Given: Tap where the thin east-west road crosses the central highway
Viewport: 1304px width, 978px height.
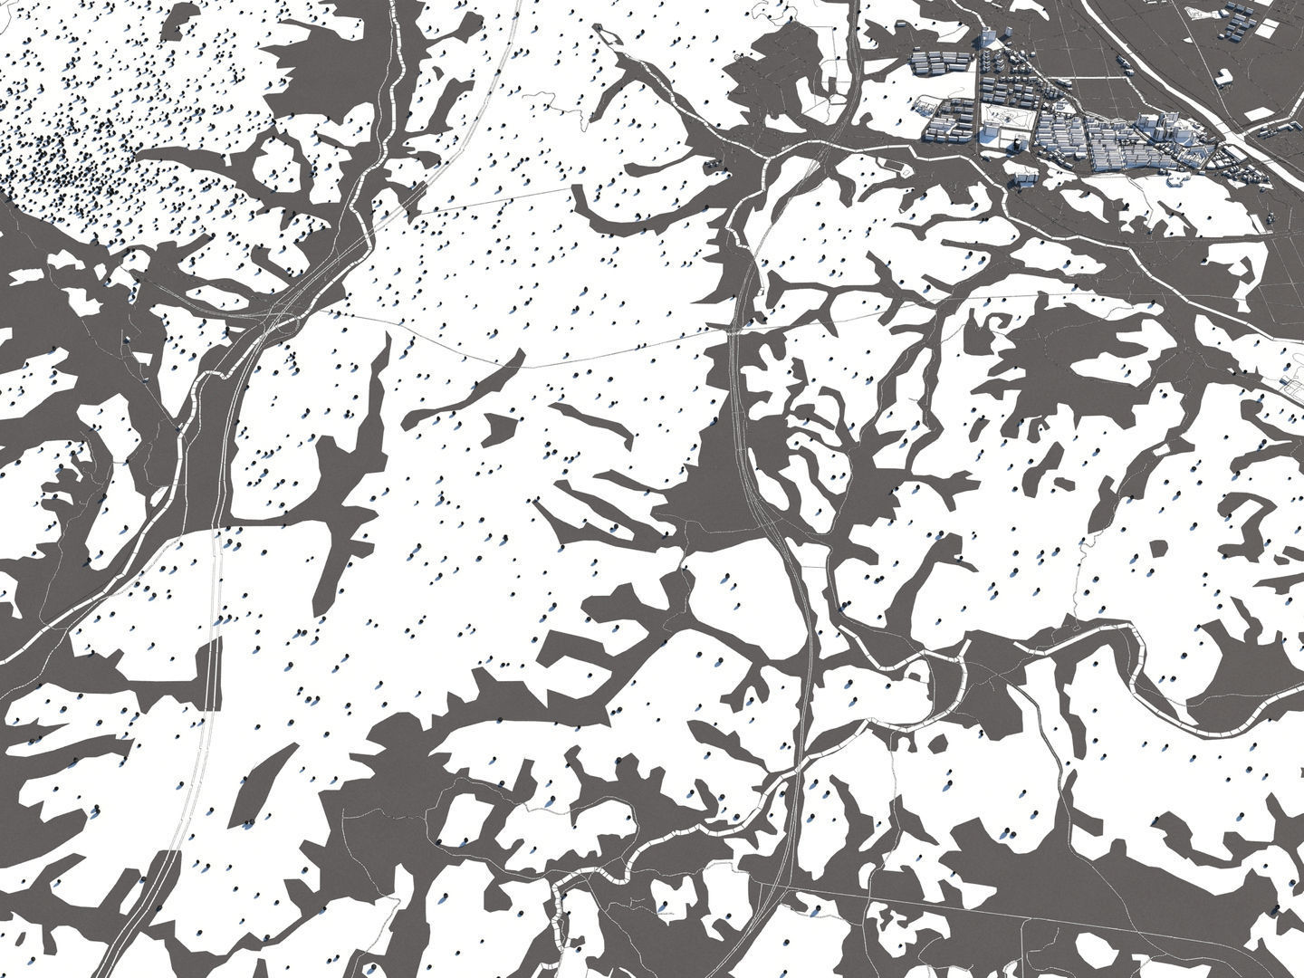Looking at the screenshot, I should click(735, 331).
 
